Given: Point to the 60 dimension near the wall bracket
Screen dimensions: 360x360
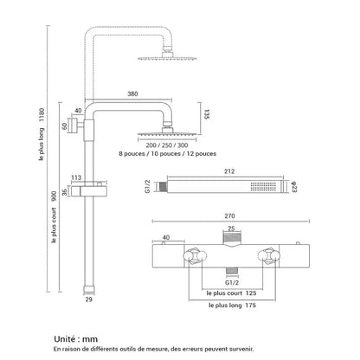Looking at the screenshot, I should click(66, 126).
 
